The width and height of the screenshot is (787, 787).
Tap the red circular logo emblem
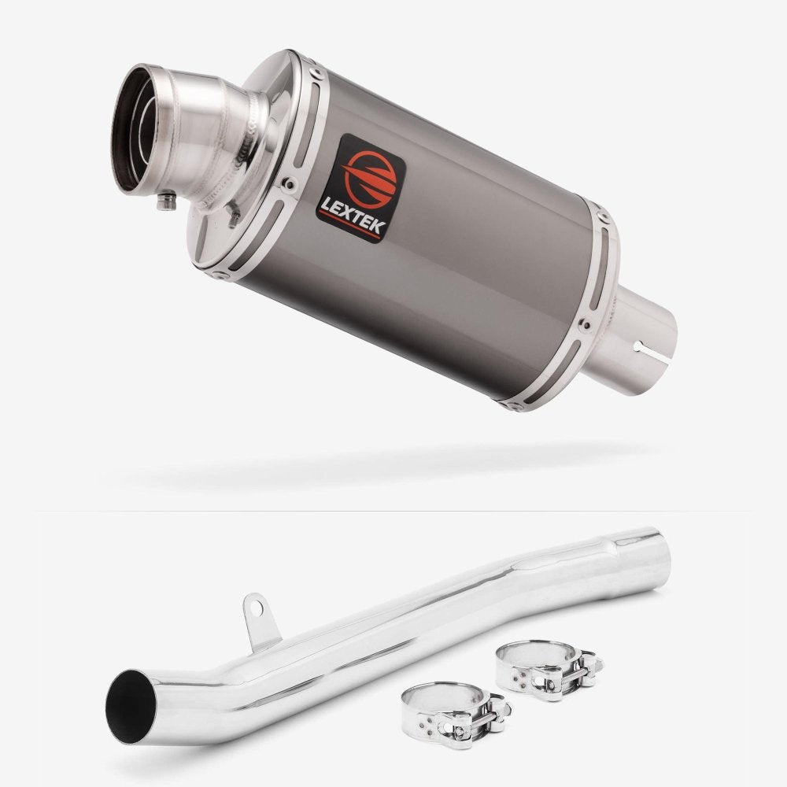tap(370, 179)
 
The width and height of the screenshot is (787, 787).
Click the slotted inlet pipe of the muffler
tap(634, 342)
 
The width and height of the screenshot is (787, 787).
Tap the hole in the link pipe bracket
tap(256, 609)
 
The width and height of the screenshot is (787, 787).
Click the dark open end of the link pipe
tap(130, 707)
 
